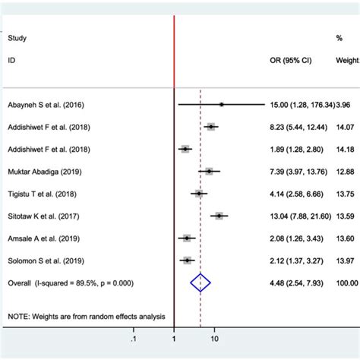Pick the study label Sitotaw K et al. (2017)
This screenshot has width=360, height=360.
click(x=43, y=216)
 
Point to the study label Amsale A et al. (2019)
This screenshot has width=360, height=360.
click(x=43, y=238)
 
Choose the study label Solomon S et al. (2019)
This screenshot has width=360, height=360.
click(x=44, y=260)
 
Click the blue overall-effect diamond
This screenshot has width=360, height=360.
click(x=200, y=283)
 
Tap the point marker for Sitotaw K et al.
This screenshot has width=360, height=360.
click(x=219, y=216)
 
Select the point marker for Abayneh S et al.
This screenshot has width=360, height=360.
click(x=221, y=105)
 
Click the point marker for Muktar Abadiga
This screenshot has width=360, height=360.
click(x=210, y=172)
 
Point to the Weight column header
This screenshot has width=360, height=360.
click(x=347, y=59)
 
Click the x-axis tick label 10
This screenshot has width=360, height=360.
click(x=214, y=339)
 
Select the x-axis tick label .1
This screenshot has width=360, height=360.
click(x=134, y=339)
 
